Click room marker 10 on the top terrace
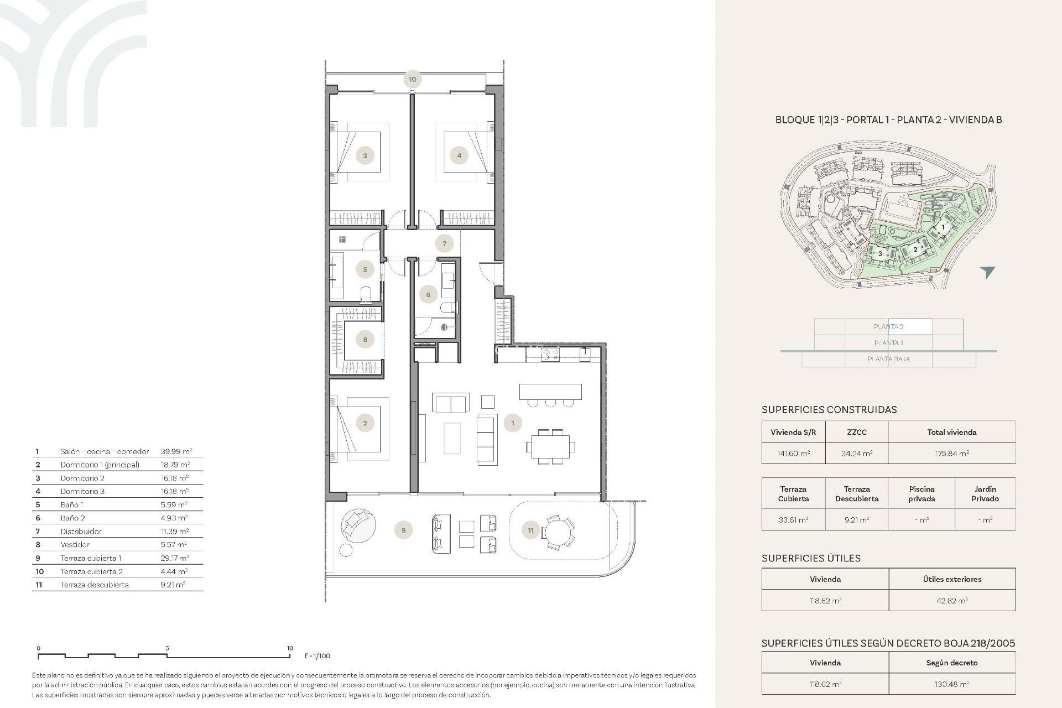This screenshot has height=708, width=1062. (412, 79)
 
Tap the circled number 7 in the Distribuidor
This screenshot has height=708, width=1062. (444, 243)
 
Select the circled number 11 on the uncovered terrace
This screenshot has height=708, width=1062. (530, 530)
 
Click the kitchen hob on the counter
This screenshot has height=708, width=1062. (550, 355)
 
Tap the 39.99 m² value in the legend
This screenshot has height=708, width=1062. (176, 451)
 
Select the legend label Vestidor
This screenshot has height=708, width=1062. (75, 545)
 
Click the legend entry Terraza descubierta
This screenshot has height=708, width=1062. (95, 585)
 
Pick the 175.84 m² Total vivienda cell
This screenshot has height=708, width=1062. (951, 453)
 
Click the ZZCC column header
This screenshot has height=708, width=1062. (856, 432)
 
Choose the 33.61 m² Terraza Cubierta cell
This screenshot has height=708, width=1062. (793, 520)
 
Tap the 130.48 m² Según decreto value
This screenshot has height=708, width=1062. (951, 684)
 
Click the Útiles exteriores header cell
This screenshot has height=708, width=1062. (951, 579)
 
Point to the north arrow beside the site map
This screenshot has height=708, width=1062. (988, 272)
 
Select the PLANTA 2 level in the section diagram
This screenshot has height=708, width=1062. (888, 327)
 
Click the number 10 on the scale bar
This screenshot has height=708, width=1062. (289, 648)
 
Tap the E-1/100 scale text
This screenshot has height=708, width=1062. (317, 656)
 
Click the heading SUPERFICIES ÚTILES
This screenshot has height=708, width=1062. (811, 558)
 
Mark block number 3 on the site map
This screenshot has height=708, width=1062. (881, 254)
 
